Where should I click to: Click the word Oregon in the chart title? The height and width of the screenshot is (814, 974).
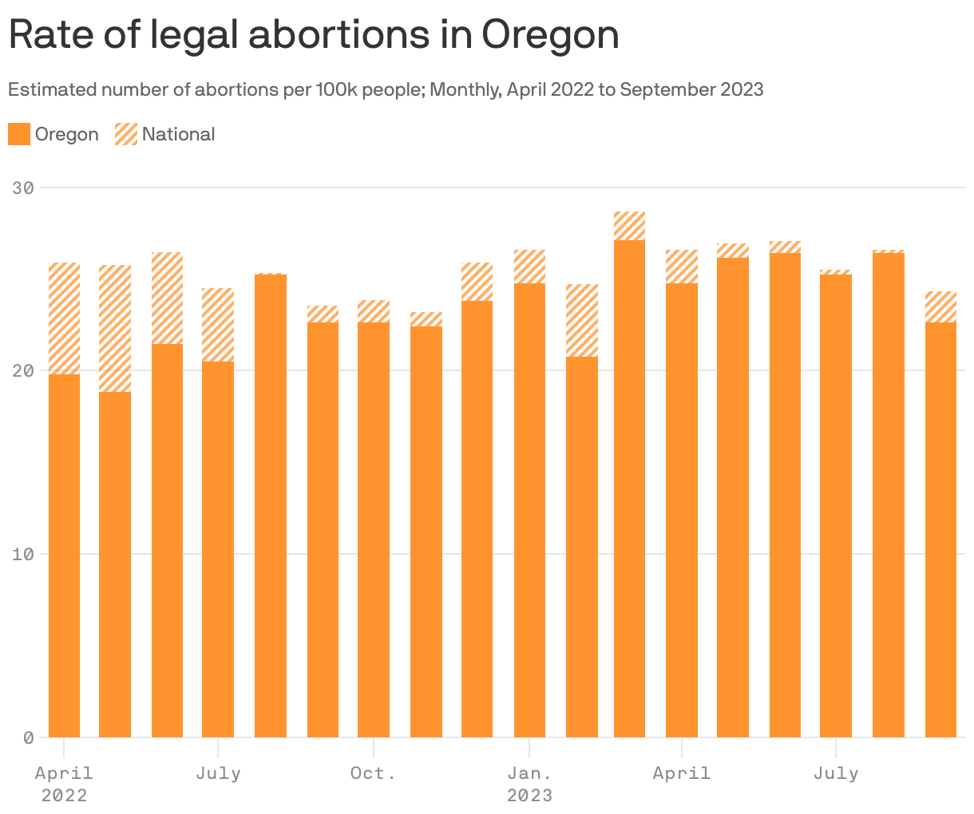pos(550,36)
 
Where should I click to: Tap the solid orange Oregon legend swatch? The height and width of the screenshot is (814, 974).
pos(19,134)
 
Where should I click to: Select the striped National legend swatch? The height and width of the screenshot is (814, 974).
pos(126,134)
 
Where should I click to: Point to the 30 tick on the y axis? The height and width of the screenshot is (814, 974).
pos(23,188)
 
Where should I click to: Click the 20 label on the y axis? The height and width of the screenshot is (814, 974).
pos(23,371)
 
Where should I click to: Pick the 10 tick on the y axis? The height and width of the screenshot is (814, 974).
pos(23,555)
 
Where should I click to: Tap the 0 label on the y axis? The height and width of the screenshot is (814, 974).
pos(28,737)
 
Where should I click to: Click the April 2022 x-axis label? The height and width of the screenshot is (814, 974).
pos(64,784)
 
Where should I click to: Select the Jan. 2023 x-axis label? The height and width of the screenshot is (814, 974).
pos(529,784)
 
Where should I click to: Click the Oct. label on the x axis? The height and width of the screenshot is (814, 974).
pos(373,773)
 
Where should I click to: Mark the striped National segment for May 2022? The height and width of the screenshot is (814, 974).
pos(115,328)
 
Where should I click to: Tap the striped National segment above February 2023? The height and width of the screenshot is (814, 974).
pos(581,320)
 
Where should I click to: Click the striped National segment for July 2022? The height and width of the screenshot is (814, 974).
pos(218,325)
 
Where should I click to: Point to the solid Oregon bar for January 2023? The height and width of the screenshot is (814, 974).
pos(529,510)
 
